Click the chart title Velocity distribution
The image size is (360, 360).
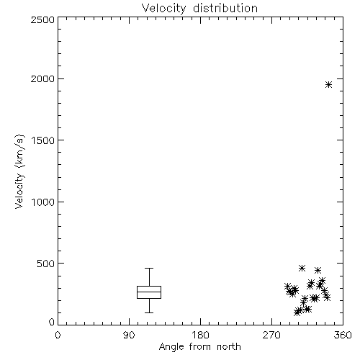(x=199, y=8)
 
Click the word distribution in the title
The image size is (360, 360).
(x=225, y=8)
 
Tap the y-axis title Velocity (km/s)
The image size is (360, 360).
(x=19, y=171)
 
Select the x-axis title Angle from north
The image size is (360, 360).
(x=200, y=346)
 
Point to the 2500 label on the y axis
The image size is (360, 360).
(x=42, y=19)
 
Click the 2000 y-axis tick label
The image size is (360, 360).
(x=42, y=78)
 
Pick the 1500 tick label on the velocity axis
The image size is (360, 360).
(x=43, y=140)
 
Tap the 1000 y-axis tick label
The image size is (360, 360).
(x=43, y=202)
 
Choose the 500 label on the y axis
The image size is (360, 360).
(x=46, y=264)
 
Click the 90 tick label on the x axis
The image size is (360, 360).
(x=129, y=335)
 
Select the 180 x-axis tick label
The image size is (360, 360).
(x=200, y=335)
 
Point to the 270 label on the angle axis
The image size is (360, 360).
(x=271, y=335)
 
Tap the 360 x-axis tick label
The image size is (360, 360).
(x=343, y=335)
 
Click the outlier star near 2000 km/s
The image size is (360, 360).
(x=328, y=84)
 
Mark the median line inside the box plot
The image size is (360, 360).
(x=149, y=292)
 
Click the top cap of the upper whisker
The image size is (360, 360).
(x=149, y=268)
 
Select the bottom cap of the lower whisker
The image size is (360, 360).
(x=149, y=312)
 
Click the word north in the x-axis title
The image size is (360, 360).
(x=229, y=346)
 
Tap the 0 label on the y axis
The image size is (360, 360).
(x=52, y=322)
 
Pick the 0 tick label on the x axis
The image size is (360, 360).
(x=58, y=335)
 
